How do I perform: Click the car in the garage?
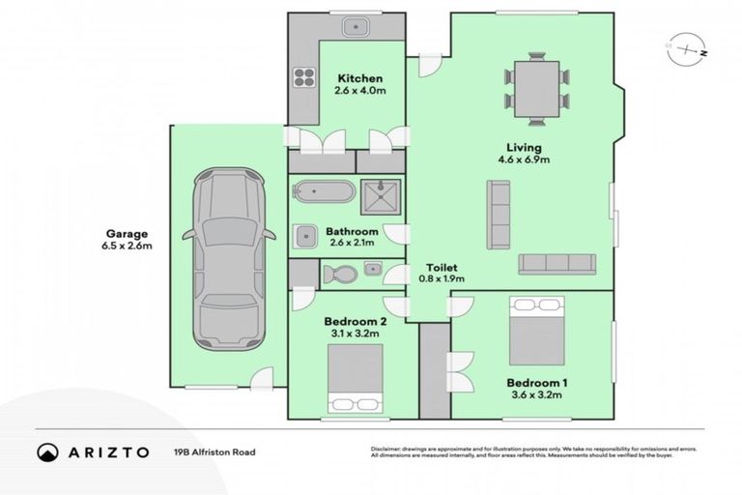(x=225, y=259)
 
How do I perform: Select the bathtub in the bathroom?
(x=322, y=190)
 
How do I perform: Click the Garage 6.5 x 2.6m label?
(x=129, y=240)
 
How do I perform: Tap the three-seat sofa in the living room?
(x=556, y=264)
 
